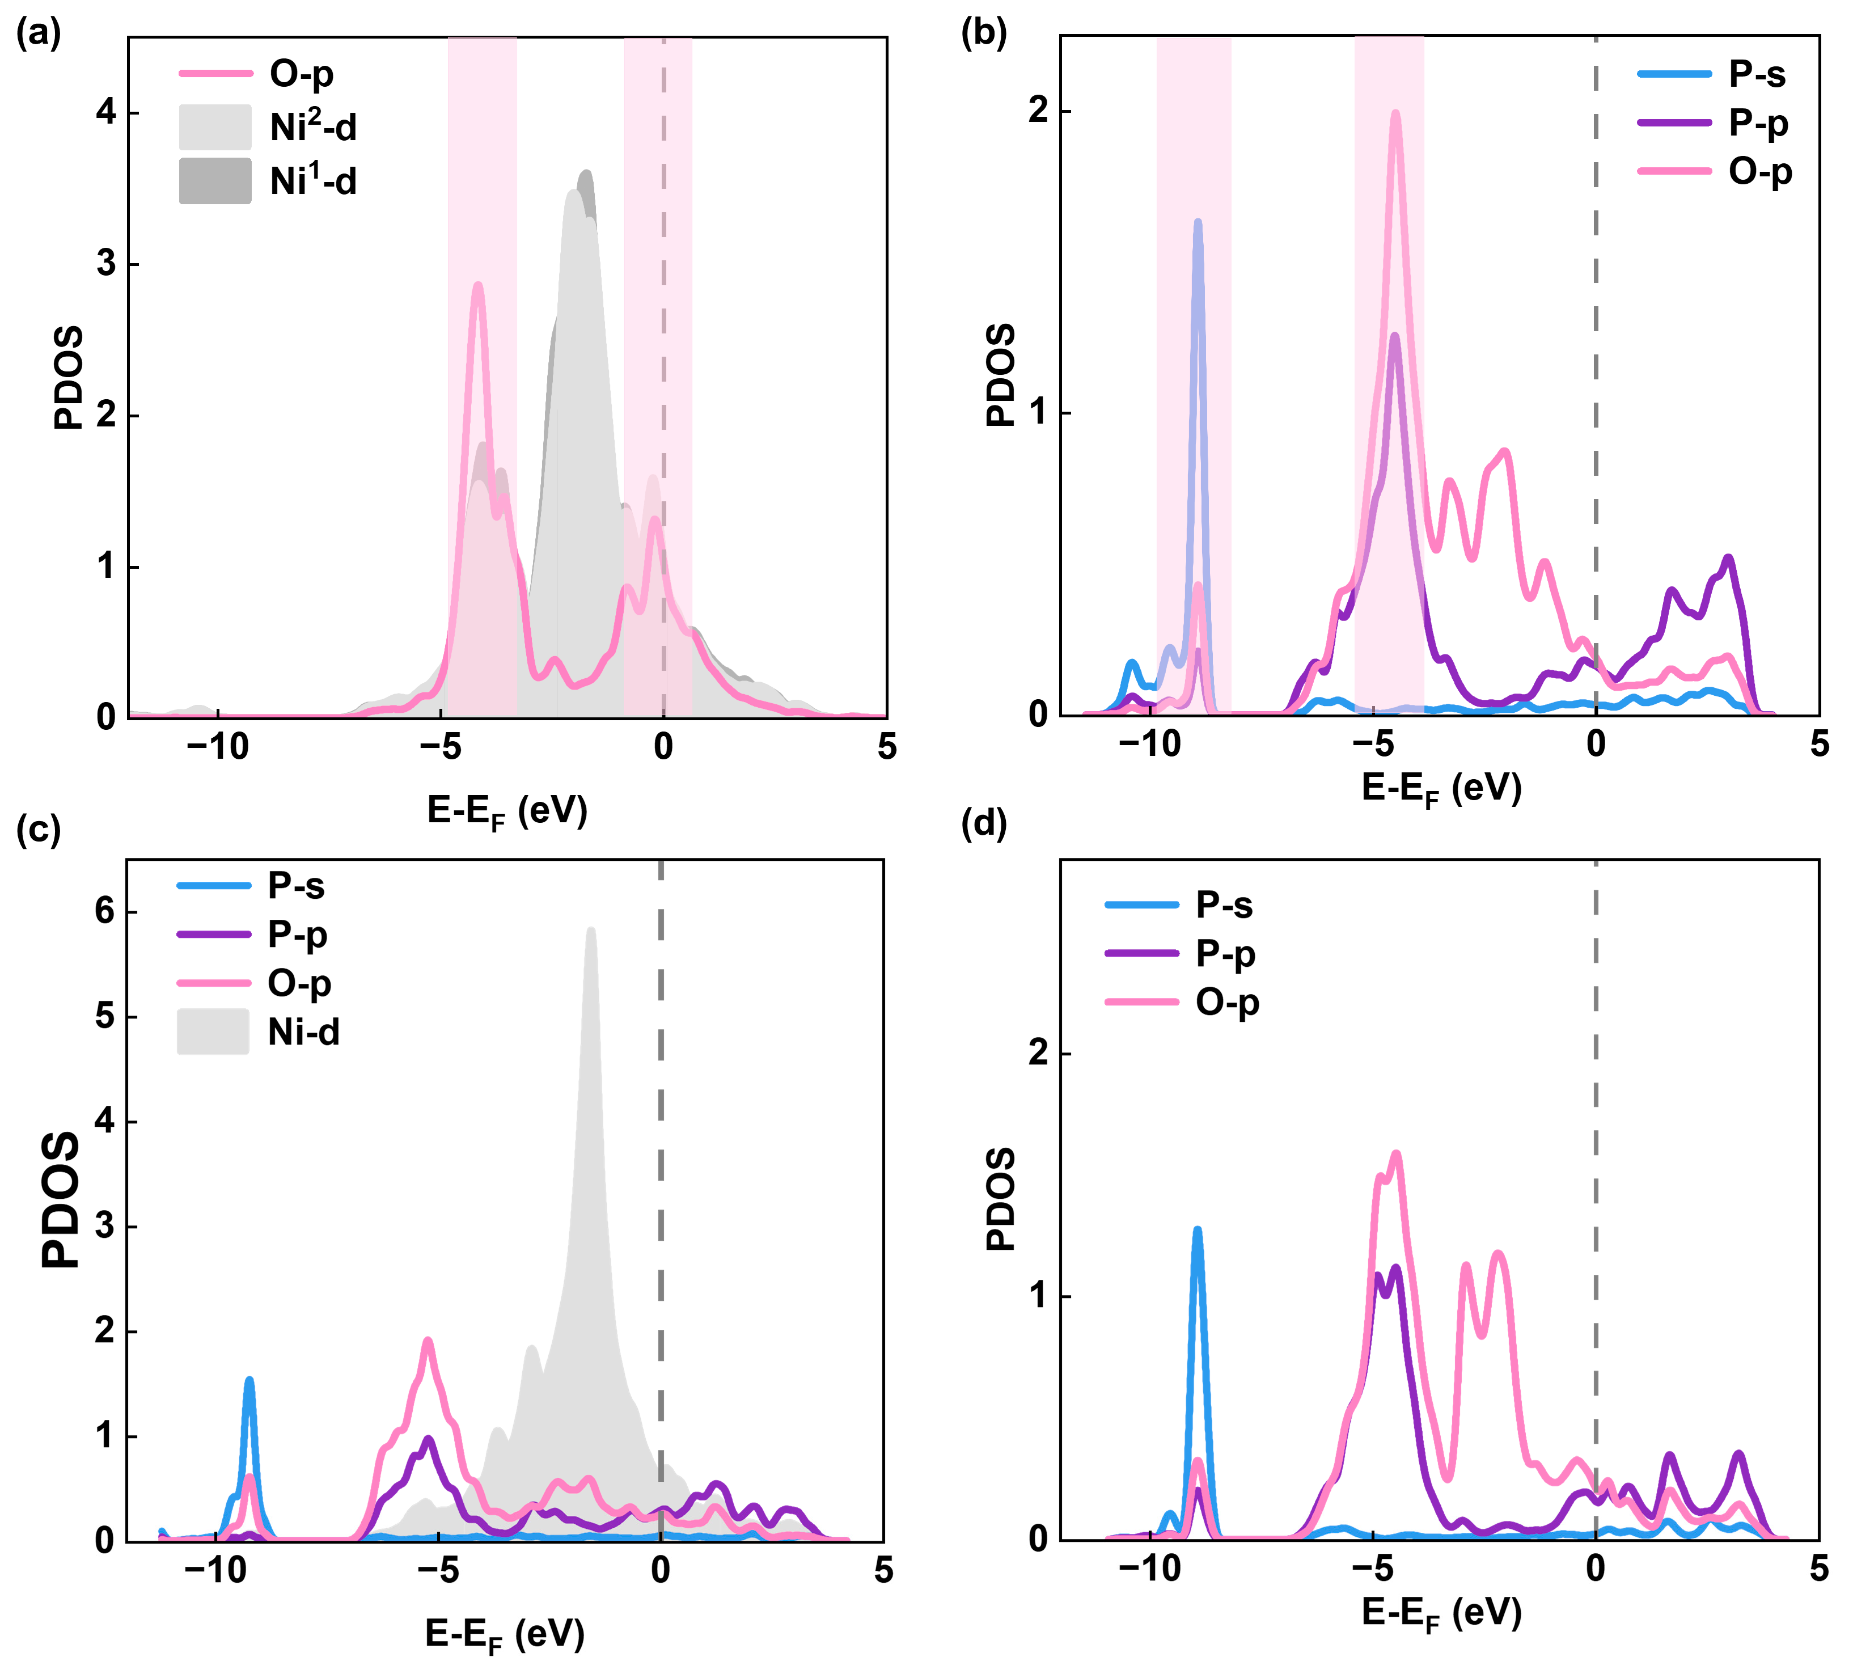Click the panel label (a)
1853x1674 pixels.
pos(39,35)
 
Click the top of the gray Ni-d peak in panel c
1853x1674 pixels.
pos(591,931)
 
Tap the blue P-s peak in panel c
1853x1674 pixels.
pos(249,1381)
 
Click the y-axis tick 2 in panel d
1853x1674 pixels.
pos(1039,1054)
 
